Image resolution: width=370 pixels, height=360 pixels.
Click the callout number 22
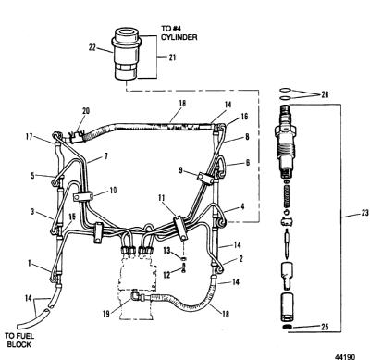pos(92,48)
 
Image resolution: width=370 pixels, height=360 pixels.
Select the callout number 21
pos(172,57)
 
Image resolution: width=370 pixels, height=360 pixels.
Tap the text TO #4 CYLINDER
pos(179,32)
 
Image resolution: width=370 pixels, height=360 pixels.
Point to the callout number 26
pos(325,94)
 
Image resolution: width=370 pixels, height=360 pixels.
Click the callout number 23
pos(364,213)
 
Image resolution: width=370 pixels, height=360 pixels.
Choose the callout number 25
pos(325,327)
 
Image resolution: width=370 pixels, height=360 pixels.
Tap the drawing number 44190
pos(345,356)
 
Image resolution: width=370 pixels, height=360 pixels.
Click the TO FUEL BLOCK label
pos(19,341)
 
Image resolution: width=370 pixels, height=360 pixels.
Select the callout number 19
pos(106,314)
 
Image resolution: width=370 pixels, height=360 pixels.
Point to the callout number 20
pos(86,111)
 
